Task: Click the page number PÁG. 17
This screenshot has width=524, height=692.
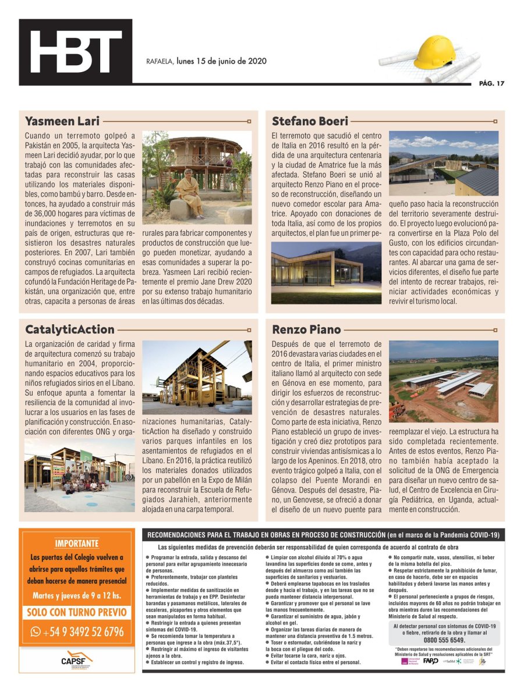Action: click(x=491, y=83)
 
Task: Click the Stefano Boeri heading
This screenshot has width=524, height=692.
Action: click(x=310, y=121)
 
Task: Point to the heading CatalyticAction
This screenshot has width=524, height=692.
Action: click(x=70, y=329)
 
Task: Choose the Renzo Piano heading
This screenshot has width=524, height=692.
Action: click(x=306, y=329)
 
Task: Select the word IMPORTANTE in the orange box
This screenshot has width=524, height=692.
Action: click(x=77, y=544)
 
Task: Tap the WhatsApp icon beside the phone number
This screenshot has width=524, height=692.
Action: click(x=36, y=631)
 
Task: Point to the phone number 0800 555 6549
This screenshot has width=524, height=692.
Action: click(x=444, y=640)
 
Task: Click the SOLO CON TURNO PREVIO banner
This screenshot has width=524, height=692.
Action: click(x=77, y=612)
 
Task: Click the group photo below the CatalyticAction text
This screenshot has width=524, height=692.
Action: click(x=79, y=474)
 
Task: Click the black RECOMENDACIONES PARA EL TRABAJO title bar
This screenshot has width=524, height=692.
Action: click(x=323, y=534)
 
